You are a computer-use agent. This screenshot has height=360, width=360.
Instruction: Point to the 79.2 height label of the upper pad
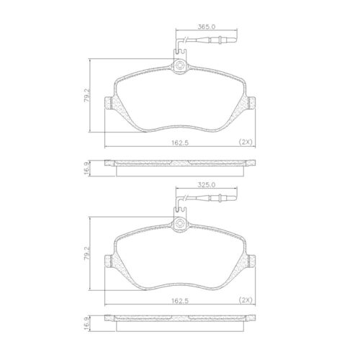[x=86, y=95]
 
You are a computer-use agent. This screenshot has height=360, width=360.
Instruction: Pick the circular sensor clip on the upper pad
[x=180, y=68]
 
